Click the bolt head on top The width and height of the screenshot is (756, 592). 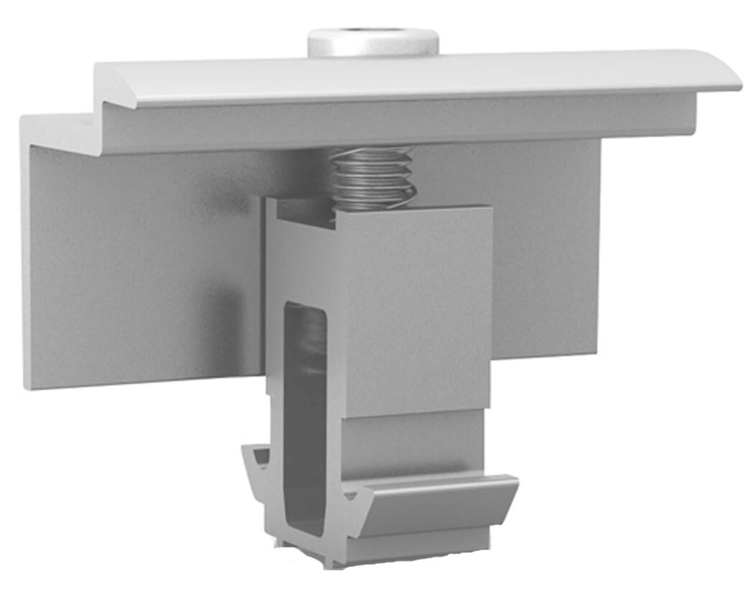(x=373, y=44)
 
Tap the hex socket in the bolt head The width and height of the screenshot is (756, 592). (x=372, y=32)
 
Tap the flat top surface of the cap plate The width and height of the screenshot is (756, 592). (x=416, y=75)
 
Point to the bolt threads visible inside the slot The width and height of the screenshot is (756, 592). (x=310, y=344)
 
